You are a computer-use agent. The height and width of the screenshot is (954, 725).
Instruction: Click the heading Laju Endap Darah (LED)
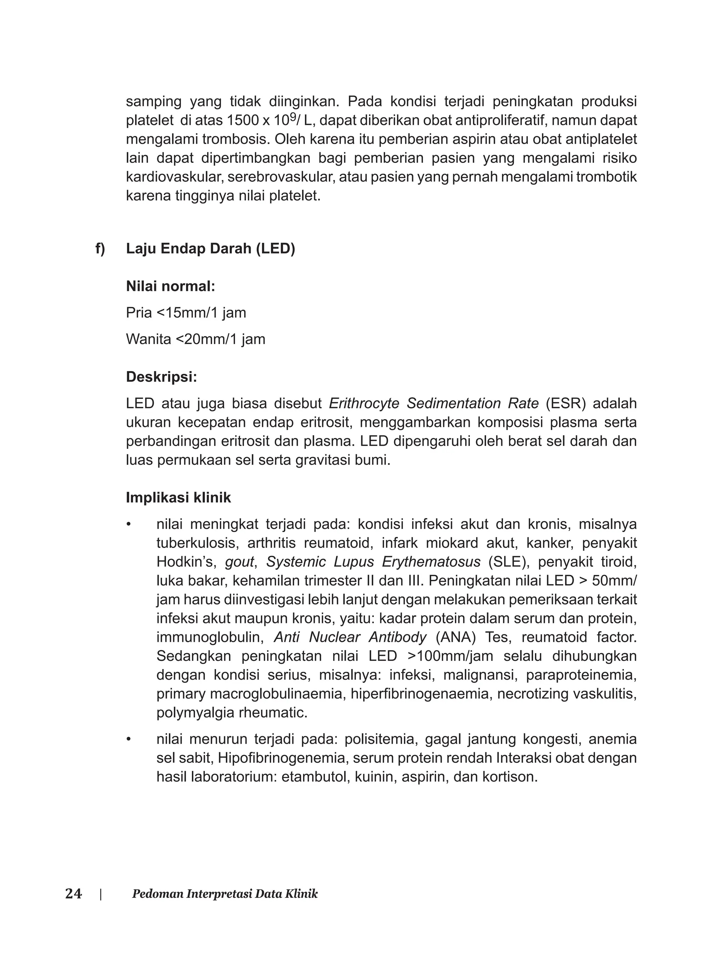click(x=210, y=249)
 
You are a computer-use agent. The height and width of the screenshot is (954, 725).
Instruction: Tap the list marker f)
click(x=100, y=249)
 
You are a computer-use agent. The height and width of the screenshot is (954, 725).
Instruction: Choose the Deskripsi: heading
click(x=161, y=377)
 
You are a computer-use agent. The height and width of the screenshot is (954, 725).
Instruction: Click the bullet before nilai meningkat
click(x=128, y=525)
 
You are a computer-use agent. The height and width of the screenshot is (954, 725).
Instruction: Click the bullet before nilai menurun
click(x=128, y=739)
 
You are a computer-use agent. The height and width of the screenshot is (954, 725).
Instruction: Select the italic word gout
click(x=240, y=562)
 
